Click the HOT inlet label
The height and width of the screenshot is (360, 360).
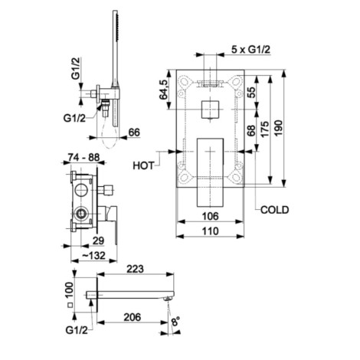(x=143, y=166)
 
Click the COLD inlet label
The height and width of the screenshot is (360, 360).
(x=275, y=210)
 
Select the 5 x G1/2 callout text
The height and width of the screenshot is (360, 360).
(x=250, y=49)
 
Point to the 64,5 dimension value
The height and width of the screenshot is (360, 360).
(x=164, y=89)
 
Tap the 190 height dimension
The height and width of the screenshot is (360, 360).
(x=279, y=128)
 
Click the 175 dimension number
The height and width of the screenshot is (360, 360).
(x=265, y=129)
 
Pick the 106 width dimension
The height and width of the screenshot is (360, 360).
(x=211, y=216)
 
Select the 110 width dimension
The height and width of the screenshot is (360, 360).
(x=211, y=231)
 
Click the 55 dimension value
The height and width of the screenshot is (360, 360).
(x=251, y=93)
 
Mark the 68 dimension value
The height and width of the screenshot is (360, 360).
(x=251, y=131)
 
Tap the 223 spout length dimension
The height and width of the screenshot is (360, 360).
(x=136, y=269)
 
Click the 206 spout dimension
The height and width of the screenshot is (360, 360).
(x=133, y=317)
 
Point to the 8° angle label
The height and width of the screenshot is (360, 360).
(x=175, y=321)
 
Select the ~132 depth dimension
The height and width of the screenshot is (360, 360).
(x=94, y=255)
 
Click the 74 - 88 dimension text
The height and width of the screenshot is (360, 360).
(x=83, y=157)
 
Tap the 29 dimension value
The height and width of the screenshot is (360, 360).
(x=98, y=241)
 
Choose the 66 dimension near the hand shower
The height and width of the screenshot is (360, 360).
(x=134, y=133)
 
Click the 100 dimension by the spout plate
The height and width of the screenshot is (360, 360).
(x=70, y=290)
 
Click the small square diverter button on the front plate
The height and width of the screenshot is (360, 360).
(x=210, y=110)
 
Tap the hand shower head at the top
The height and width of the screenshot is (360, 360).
(x=115, y=27)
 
